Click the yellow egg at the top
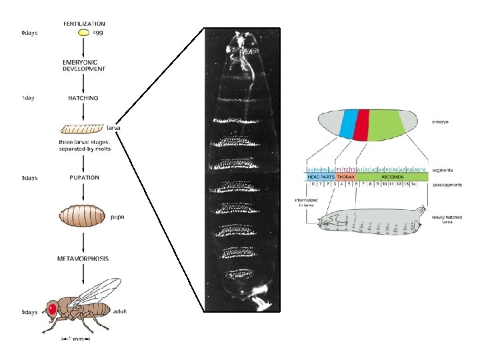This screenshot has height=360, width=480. pyautogui.click(x=83, y=33)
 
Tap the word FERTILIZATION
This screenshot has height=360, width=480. pyautogui.click(x=84, y=24)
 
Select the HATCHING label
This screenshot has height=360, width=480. pyautogui.click(x=83, y=98)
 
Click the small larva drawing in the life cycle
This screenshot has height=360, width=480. pyautogui.click(x=83, y=127)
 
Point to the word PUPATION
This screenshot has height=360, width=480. pyautogui.click(x=84, y=178)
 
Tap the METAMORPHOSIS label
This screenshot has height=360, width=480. pyautogui.click(x=83, y=258)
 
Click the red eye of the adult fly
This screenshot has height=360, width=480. pyautogui.click(x=51, y=308)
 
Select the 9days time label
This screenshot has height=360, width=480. pyautogui.click(x=29, y=312)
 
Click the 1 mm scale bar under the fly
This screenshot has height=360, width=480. pyautogui.click(x=75, y=339)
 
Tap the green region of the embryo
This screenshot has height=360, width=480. pyautogui.click(x=385, y=125)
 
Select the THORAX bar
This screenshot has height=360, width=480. pyautogui.click(x=345, y=177)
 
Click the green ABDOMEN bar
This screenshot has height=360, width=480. pyautogui.click(x=391, y=177)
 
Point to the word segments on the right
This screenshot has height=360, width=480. pyautogui.click(x=443, y=170)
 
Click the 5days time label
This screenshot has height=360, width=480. pyautogui.click(x=29, y=178)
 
